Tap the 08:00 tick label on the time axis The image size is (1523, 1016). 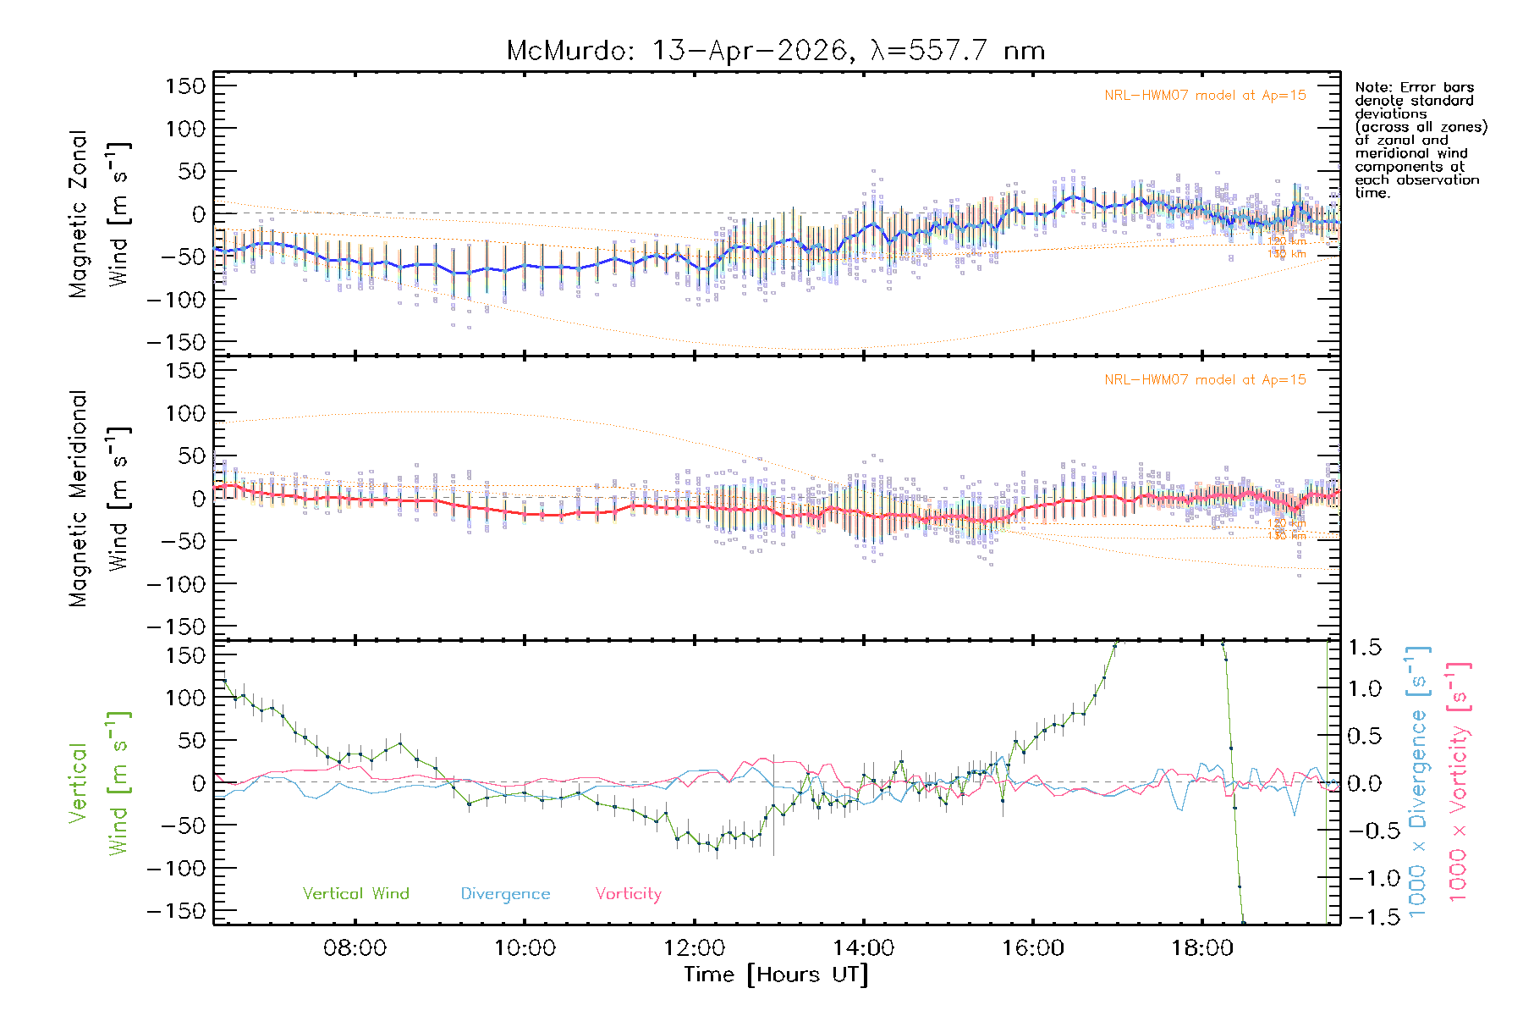coord(355,947)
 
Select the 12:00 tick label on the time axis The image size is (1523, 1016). coord(694,947)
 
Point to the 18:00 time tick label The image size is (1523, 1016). coord(1201,947)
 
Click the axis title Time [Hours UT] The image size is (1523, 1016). coord(776,975)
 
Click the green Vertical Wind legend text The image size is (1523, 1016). coord(355,893)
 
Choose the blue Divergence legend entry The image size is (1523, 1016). coord(505,893)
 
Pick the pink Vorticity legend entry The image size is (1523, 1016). coord(628,893)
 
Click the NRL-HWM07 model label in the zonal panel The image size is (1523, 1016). coord(1205,95)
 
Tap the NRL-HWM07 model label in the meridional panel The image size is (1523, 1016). coord(1205,379)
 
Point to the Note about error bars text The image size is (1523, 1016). coord(1421,140)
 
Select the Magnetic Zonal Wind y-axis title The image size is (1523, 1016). coord(100,213)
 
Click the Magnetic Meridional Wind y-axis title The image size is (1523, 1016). coord(100,499)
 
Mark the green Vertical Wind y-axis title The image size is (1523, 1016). coord(100,783)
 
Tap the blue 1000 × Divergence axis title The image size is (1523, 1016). coord(1418,783)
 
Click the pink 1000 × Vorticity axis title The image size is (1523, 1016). coord(1459,783)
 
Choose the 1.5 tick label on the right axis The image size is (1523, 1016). coord(1364,648)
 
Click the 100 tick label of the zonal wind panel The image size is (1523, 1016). coord(184,129)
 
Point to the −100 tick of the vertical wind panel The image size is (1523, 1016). coord(176,868)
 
